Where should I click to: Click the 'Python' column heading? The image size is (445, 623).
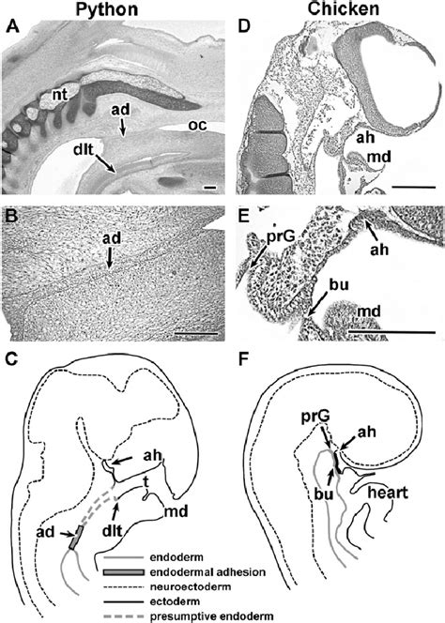point(107,9)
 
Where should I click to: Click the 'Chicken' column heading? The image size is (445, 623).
point(344,8)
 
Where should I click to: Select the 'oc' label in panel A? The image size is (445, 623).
point(197,125)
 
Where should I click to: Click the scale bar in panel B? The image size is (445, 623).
point(196,333)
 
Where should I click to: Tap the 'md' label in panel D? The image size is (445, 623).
point(378,157)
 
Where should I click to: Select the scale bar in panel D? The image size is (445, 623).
point(414,186)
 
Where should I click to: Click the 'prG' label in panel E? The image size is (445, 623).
point(275,237)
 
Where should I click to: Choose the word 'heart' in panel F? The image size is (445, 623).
point(388,493)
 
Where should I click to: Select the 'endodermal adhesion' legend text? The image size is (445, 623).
point(208,572)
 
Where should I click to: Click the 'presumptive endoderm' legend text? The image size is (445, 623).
point(211,616)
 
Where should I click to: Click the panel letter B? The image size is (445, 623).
point(12,216)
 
